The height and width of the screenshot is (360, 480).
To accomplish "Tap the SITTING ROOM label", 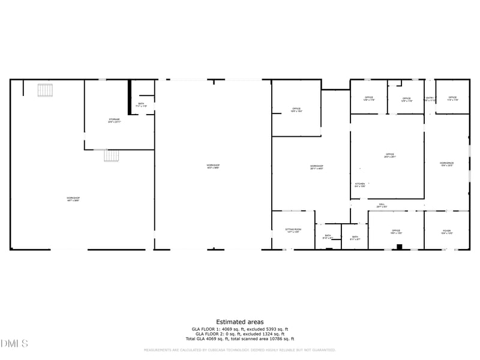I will (293, 230).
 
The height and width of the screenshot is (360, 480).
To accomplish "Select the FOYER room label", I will (447, 231).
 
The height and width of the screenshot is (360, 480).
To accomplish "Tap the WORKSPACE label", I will (446, 164).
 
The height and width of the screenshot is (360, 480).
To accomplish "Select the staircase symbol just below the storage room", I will (112, 155).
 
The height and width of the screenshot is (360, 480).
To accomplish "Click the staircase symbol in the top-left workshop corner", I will (46, 90).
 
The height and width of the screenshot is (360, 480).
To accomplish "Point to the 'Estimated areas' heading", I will (239, 322).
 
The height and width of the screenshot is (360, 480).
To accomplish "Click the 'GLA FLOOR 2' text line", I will (239, 334).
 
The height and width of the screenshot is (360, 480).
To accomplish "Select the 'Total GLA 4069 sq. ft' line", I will (239, 339).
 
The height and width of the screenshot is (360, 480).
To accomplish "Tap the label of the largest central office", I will (390, 155).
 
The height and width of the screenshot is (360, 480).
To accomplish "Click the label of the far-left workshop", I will (73, 199).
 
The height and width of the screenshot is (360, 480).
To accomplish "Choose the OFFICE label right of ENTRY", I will (452, 98).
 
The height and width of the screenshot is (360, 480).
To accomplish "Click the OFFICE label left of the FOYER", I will (396, 231).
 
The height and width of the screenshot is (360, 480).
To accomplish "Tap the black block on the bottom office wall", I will (400, 247).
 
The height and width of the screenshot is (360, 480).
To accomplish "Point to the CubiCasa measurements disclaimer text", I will (239, 350).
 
